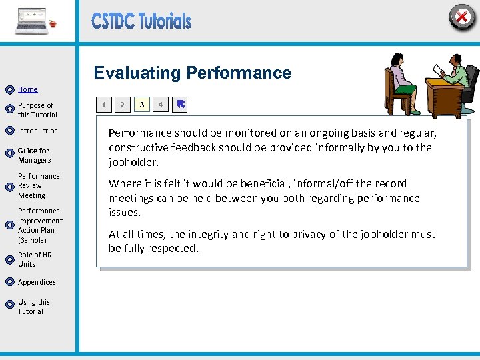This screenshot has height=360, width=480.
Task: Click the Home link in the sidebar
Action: pyautogui.click(x=27, y=89)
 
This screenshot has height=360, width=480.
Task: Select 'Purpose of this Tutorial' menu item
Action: pyautogui.click(x=37, y=110)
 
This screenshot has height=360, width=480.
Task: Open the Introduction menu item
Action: pyautogui.click(x=38, y=131)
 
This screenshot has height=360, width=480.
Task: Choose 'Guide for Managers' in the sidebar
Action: pyautogui.click(x=34, y=155)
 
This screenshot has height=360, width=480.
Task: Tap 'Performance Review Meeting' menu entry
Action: pyautogui.click(x=39, y=186)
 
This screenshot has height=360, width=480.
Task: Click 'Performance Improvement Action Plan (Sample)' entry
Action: pyautogui.click(x=40, y=225)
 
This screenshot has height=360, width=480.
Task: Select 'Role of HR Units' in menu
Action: pyautogui.click(x=35, y=259)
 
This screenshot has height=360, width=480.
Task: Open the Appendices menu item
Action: pyautogui.click(x=37, y=282)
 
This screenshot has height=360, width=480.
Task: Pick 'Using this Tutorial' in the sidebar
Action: pyautogui.click(x=33, y=307)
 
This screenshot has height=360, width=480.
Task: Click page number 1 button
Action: pyautogui.click(x=103, y=105)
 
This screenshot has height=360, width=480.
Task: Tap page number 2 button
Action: pyautogui.click(x=122, y=105)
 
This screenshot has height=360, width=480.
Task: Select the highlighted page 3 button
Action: pyautogui.click(x=141, y=105)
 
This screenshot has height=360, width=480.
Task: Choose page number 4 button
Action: pyautogui.click(x=160, y=105)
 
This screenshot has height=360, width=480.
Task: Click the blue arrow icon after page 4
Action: pyautogui.click(x=181, y=105)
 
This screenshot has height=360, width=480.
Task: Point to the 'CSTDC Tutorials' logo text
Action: pyautogui.click(x=141, y=21)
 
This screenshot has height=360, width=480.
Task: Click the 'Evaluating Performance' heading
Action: pyautogui.click(x=192, y=73)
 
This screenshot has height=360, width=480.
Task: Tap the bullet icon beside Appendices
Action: pyautogui.click(x=9, y=283)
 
